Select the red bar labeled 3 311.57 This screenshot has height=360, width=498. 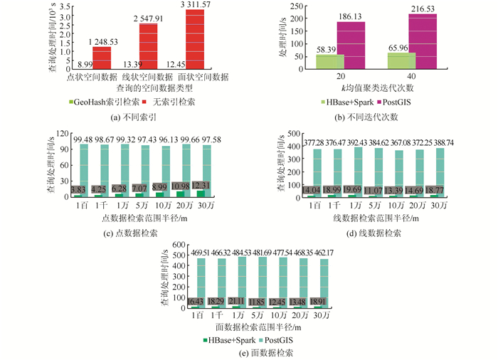click(x=194, y=43)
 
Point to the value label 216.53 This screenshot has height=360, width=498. click(x=423, y=9)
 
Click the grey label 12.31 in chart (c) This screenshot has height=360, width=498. click(x=201, y=186)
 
